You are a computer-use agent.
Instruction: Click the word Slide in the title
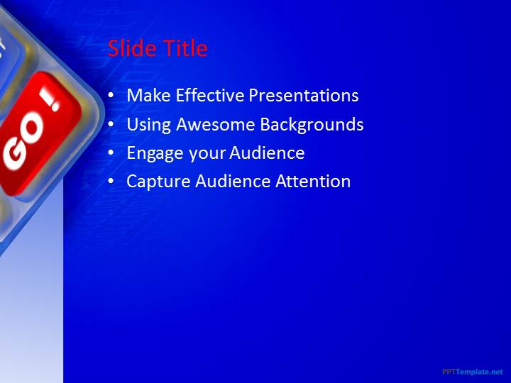point(132,48)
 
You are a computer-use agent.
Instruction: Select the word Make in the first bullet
point(148,95)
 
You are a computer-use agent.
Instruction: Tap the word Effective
point(210,95)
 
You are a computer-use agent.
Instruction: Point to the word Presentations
point(304,96)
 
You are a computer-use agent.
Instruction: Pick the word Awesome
point(216,124)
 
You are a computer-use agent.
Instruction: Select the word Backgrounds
point(312,125)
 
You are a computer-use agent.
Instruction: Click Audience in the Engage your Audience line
point(267,152)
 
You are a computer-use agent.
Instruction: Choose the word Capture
point(158,182)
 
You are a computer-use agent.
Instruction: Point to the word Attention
point(313,181)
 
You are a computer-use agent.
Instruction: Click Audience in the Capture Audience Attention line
point(233,181)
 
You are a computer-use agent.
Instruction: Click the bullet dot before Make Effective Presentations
point(111,95)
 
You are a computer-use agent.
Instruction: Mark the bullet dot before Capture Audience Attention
point(111,181)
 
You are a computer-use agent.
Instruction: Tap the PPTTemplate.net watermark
point(473,372)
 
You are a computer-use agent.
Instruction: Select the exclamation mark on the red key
point(50,99)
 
